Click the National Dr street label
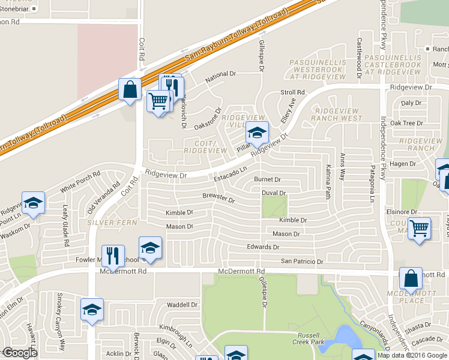pyautogui.click(x=220, y=74)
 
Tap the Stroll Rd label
pyautogui.click(x=293, y=92)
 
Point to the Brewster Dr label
pyautogui.click(x=218, y=199)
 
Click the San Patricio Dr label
pyautogui.click(x=303, y=262)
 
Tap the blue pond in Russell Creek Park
pyautogui.click(x=343, y=338)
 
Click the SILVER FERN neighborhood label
pyautogui.click(x=109, y=222)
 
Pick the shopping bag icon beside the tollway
pyautogui.click(x=130, y=90)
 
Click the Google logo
pyautogui.click(x=20, y=353)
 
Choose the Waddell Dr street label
pyautogui.click(x=182, y=305)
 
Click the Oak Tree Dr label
pyautogui.click(x=406, y=123)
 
